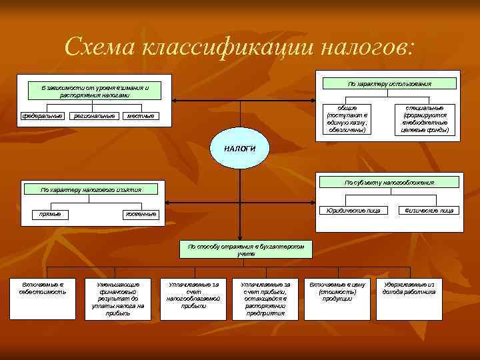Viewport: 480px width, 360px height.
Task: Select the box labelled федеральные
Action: (x=42, y=116)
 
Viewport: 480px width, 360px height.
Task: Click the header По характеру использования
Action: (x=390, y=84)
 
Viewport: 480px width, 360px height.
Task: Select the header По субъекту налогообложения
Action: (x=389, y=182)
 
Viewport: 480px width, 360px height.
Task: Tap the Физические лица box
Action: (x=425, y=210)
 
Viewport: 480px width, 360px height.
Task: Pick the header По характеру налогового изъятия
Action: (x=91, y=189)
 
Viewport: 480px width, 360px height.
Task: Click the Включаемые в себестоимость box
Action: (x=44, y=289)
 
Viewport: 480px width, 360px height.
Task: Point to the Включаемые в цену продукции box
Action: (x=337, y=289)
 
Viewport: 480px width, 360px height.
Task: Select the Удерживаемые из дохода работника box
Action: (x=409, y=288)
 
